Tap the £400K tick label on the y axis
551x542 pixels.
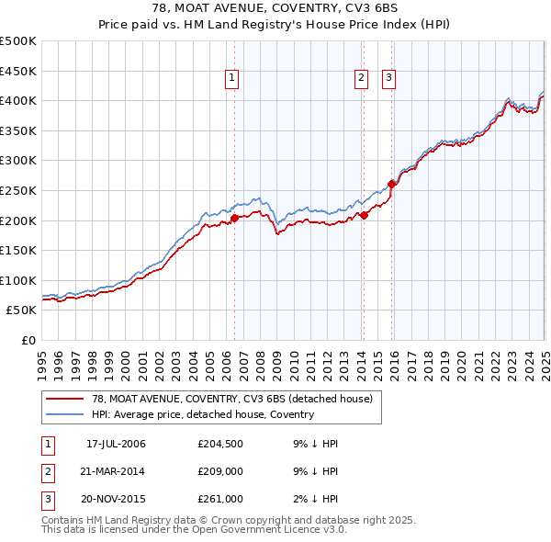pos(18,100)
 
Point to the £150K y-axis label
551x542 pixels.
pos(18,250)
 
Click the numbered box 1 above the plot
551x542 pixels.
pos(232,79)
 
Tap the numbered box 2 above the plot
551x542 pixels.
pos(362,79)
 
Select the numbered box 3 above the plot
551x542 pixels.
pos(389,79)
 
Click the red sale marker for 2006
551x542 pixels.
pos(234,218)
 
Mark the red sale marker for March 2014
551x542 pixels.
pos(364,215)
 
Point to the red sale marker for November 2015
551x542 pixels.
pos(392,184)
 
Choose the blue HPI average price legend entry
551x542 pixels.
pos(202,414)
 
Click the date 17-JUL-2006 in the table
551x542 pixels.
pos(116,444)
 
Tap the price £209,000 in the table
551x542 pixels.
pos(220,471)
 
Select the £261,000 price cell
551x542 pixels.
pos(220,499)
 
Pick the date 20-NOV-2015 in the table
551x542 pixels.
pos(116,499)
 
